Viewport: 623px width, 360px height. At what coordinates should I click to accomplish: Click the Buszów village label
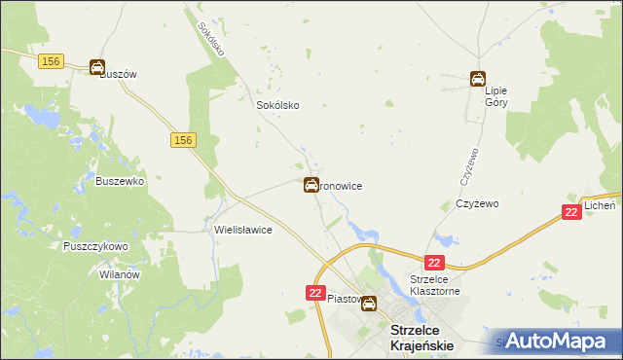(118, 74)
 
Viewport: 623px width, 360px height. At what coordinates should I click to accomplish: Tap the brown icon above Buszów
(97, 67)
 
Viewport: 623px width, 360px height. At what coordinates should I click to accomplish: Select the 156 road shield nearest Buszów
(53, 61)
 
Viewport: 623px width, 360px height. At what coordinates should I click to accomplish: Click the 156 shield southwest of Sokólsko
(184, 141)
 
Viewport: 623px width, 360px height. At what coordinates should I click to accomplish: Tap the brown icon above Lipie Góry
(477, 79)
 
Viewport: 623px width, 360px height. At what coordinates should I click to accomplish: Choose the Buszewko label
(120, 181)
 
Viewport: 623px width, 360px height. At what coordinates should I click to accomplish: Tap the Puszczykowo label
(95, 247)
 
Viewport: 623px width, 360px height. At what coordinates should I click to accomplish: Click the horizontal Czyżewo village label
(477, 204)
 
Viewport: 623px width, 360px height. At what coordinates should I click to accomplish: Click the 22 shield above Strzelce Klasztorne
(434, 263)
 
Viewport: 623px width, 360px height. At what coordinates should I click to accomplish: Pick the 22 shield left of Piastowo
(315, 292)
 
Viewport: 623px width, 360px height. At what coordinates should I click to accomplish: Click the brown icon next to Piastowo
(369, 304)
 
